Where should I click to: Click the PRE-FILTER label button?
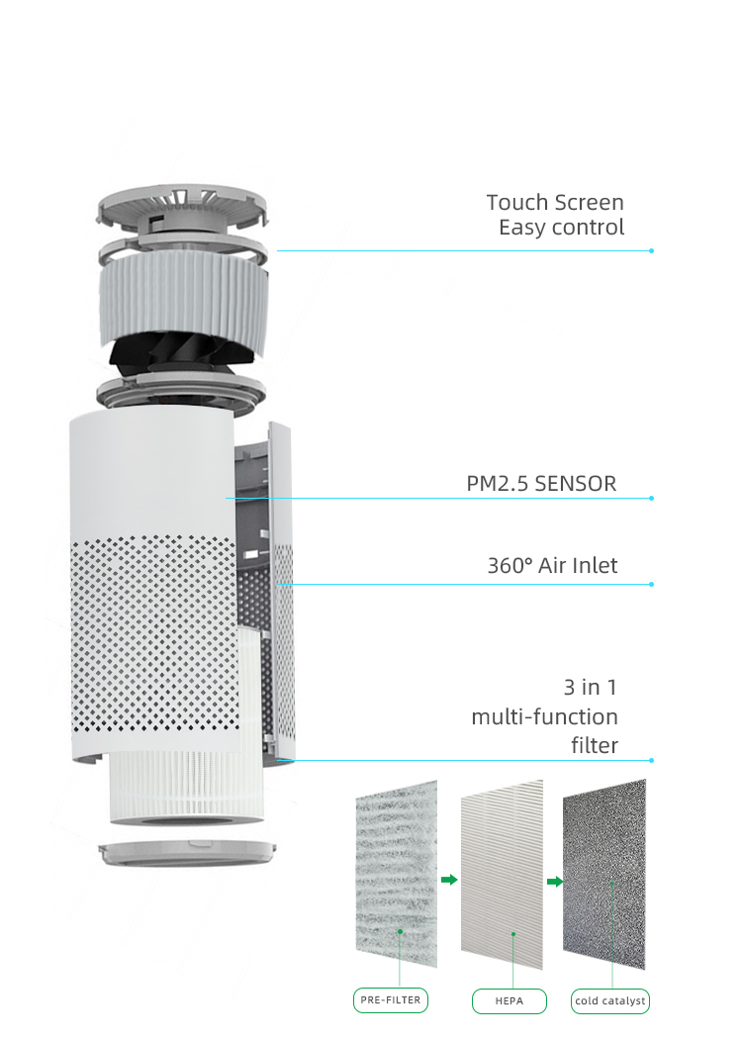point(391,1000)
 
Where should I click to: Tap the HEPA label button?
point(510,1000)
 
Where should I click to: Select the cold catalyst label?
point(610,1000)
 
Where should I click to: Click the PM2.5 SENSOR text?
point(541,484)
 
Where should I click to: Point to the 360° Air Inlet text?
point(552,566)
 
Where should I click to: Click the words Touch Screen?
point(555,202)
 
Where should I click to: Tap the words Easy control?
point(562,228)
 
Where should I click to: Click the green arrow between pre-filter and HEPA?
point(449,880)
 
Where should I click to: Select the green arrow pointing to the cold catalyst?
point(555,882)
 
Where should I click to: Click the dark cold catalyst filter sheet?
point(604,874)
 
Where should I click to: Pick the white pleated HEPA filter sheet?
point(502,874)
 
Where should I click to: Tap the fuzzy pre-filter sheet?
point(397,874)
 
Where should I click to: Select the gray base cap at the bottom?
point(187,852)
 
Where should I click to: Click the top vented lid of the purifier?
point(183,209)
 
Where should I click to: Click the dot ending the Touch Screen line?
point(652,250)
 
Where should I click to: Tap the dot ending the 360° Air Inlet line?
point(652,585)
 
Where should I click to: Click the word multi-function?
point(544,717)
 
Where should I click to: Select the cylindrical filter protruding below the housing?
point(186,789)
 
